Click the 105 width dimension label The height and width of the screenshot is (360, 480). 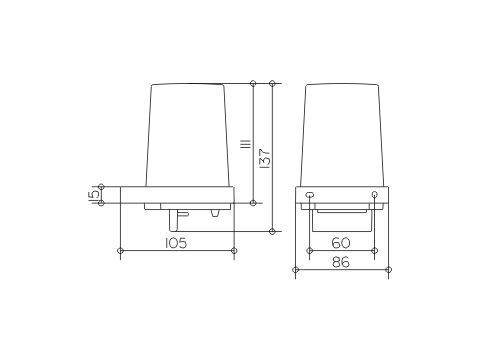pos(176,243)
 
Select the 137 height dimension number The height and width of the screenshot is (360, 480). pos(266,159)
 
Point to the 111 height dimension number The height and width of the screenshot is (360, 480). pos(246,144)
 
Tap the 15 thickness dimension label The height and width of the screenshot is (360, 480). pos(93,195)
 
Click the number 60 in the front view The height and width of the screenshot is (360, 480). pos(341,243)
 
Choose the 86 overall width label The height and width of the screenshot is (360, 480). pos(341,262)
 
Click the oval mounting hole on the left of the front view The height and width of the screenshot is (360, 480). pos(310,194)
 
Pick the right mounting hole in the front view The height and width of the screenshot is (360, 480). pos(374,194)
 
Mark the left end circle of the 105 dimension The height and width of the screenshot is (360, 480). pos(121,250)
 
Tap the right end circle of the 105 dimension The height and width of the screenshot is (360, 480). pos(234,250)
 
